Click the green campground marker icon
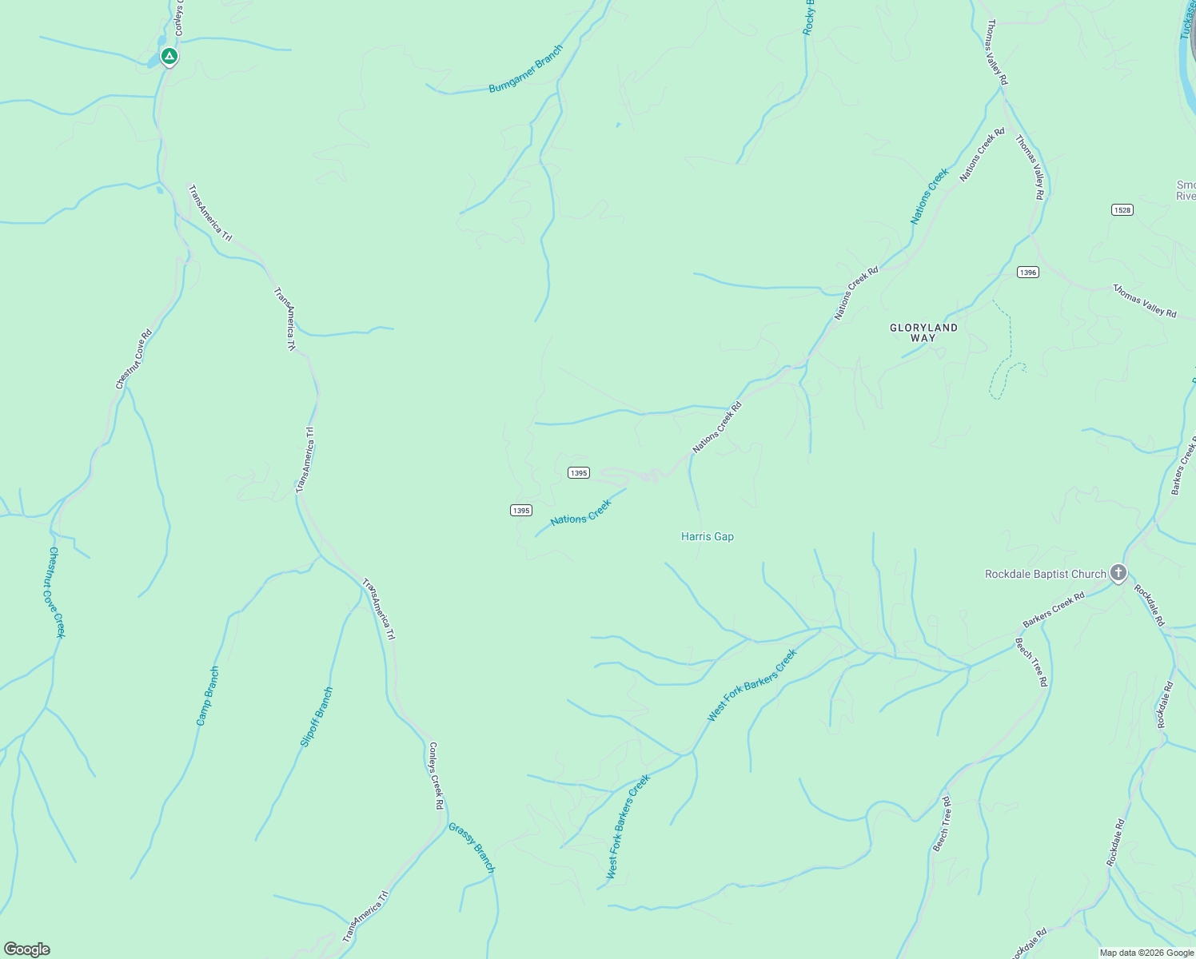click(169, 56)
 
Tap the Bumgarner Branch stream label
click(526, 69)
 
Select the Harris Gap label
click(707, 536)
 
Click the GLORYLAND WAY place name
click(923, 332)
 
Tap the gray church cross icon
click(1118, 572)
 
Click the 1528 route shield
click(1122, 209)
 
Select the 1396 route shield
click(1027, 273)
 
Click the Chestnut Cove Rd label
click(134, 360)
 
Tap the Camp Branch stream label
click(207, 696)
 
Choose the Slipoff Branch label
click(316, 717)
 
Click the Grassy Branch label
click(472, 848)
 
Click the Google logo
click(26, 949)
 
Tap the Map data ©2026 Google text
click(1146, 952)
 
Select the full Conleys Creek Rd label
click(435, 776)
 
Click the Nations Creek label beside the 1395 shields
click(580, 512)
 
